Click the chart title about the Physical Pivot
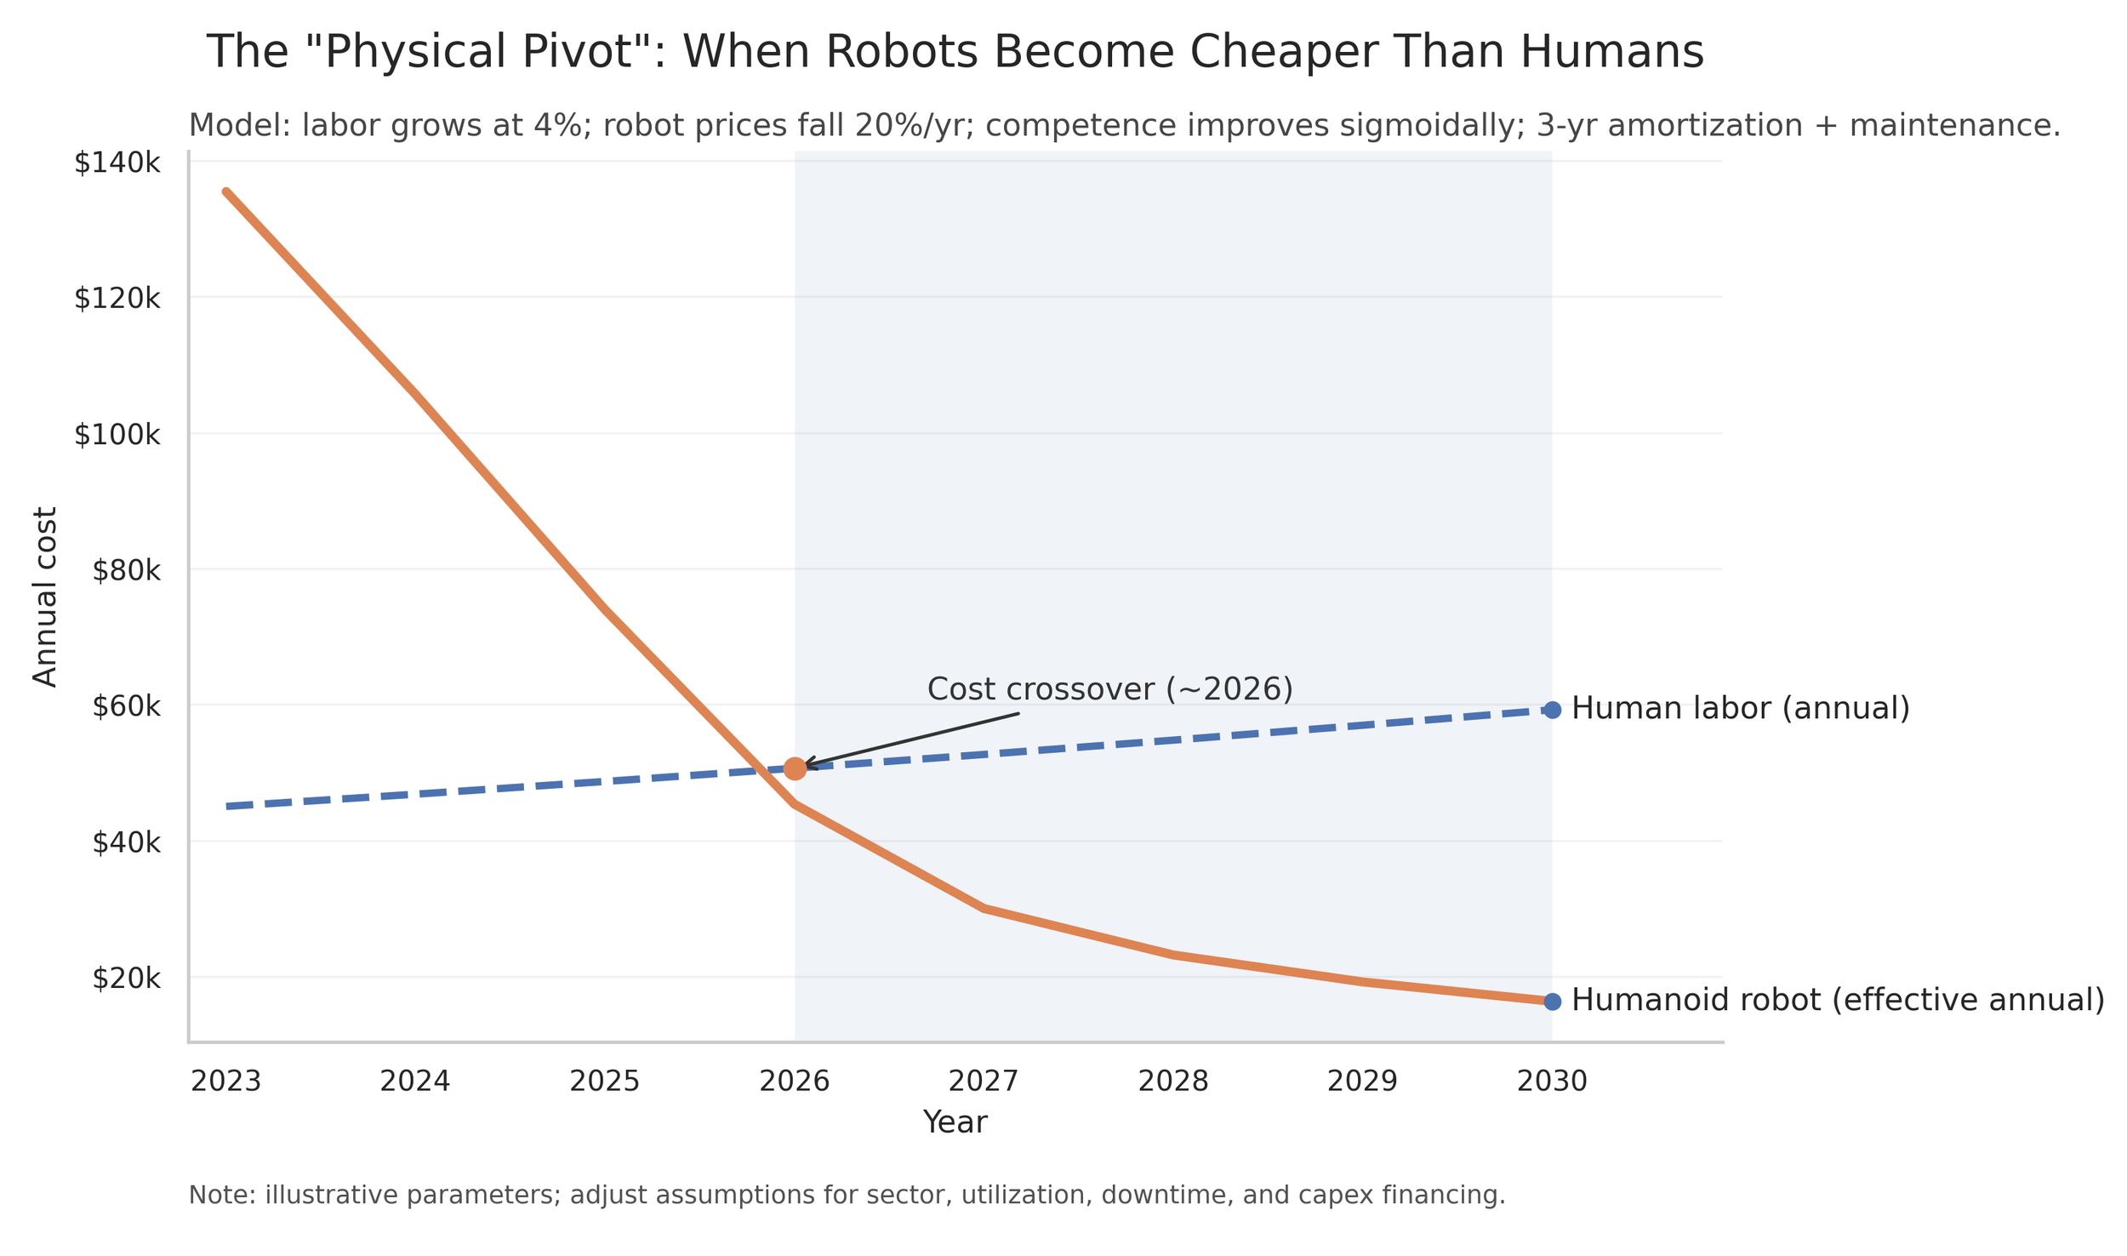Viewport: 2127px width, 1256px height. click(955, 53)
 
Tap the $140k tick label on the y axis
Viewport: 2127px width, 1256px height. click(117, 163)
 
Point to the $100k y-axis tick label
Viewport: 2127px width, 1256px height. click(117, 435)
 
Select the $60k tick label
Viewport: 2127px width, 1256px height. click(126, 706)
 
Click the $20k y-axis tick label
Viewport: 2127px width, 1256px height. click(126, 979)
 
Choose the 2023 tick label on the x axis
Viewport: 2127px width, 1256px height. click(225, 1082)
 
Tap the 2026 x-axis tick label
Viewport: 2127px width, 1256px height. click(794, 1082)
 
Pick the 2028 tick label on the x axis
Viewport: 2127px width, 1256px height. click(1173, 1082)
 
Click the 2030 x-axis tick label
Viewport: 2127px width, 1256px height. click(1552, 1082)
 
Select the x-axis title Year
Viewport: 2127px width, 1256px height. click(955, 1123)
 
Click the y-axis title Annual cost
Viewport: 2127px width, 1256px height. click(45, 597)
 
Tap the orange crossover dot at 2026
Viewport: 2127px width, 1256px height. click(795, 768)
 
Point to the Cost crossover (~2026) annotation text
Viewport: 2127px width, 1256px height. click(1109, 689)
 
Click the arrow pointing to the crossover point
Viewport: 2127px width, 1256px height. click(910, 738)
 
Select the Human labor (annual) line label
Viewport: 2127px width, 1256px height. click(1741, 708)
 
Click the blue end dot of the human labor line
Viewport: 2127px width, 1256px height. click(1552, 710)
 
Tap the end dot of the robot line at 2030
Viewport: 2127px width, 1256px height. click(1552, 1002)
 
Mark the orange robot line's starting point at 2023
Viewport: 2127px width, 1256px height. click(226, 192)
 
